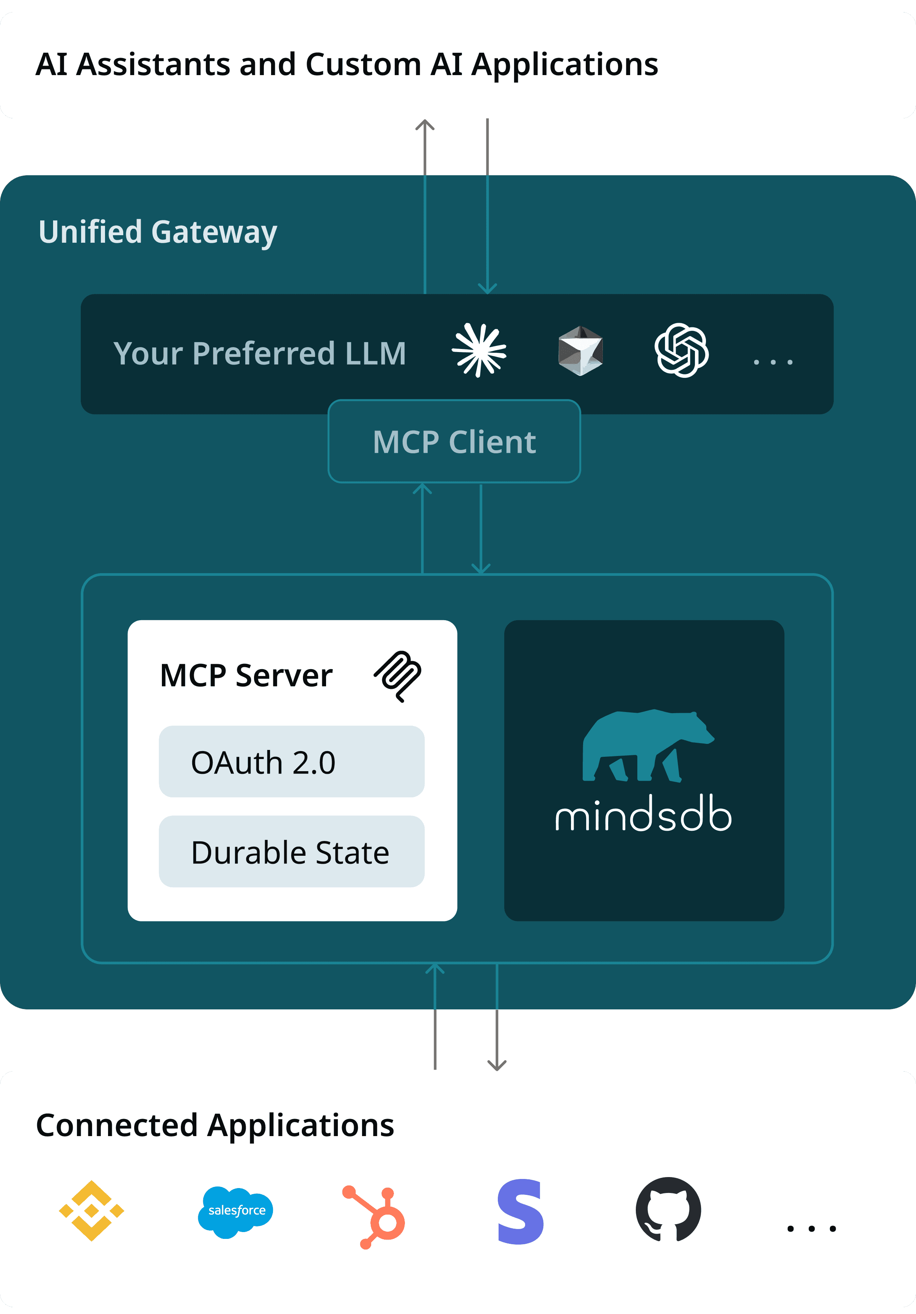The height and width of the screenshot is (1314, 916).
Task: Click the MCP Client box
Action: (454, 441)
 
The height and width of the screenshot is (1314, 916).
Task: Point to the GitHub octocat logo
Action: (668, 1209)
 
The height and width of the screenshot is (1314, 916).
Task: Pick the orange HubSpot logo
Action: (375, 1216)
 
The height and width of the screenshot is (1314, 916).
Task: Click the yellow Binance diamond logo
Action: (91, 1210)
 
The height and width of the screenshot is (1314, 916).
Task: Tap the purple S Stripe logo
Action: (520, 1212)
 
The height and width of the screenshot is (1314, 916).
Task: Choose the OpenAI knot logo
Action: (681, 350)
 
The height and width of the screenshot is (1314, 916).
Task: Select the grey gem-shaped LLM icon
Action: (580, 350)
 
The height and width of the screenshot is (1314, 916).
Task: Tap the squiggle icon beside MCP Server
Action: (398, 675)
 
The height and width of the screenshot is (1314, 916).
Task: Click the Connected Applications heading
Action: (215, 1125)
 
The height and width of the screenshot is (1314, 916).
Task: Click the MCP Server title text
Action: (246, 675)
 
